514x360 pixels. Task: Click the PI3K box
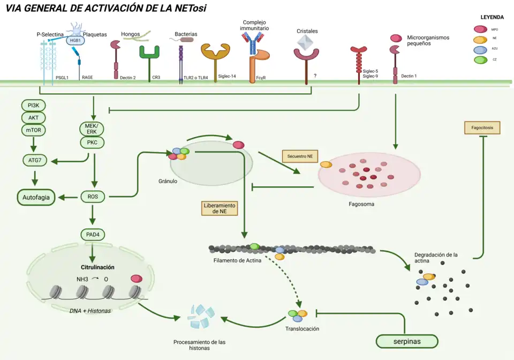pos(33,105)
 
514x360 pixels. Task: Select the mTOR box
pos(33,130)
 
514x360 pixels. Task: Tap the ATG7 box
pos(33,159)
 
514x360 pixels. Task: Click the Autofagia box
pos(36,198)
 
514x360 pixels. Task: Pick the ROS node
pos(93,197)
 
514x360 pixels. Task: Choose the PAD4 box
pos(93,234)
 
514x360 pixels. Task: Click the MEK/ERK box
pos(93,129)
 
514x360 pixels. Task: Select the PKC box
pos(93,142)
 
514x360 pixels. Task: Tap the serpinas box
pos(407,341)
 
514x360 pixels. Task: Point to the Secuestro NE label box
pos(300,156)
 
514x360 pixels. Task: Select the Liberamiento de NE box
pos(219,208)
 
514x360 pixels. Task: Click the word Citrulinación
pos(97,267)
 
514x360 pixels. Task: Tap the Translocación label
pos(302,328)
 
